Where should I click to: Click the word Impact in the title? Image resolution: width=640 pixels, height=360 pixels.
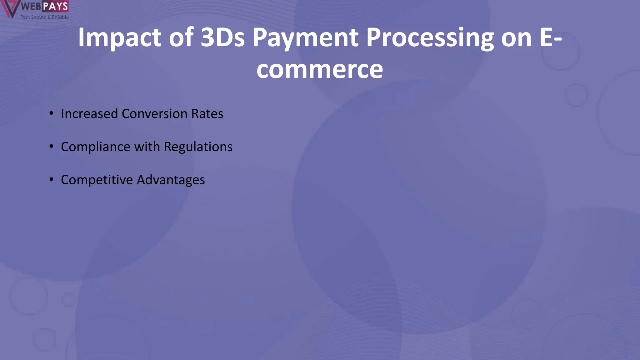pos(119,37)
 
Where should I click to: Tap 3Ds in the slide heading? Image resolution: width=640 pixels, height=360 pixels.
pos(222,37)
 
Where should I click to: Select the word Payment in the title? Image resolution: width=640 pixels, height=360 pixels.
pos(305,37)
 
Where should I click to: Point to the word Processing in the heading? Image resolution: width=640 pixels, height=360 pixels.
pos(430,37)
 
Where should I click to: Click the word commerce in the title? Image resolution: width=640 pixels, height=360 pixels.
pos(320,69)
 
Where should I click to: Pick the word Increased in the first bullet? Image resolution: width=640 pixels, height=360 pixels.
pos(89,114)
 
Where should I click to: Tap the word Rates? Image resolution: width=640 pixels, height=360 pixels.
pos(207,114)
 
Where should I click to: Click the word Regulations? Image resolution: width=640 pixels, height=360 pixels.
pos(198,147)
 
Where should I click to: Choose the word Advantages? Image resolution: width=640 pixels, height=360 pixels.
pos(171,180)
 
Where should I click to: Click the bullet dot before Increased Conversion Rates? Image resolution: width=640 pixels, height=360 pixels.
pos(51,113)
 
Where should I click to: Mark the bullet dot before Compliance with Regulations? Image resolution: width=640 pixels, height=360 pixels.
pos(51,146)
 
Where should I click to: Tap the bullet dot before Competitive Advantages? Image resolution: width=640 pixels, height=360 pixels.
pos(51,179)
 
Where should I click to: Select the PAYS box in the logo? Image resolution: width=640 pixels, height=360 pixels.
pos(55,6)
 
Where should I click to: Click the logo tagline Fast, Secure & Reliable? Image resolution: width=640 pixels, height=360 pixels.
pos(44,17)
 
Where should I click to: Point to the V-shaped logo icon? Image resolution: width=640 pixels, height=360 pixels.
pos(9,9)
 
